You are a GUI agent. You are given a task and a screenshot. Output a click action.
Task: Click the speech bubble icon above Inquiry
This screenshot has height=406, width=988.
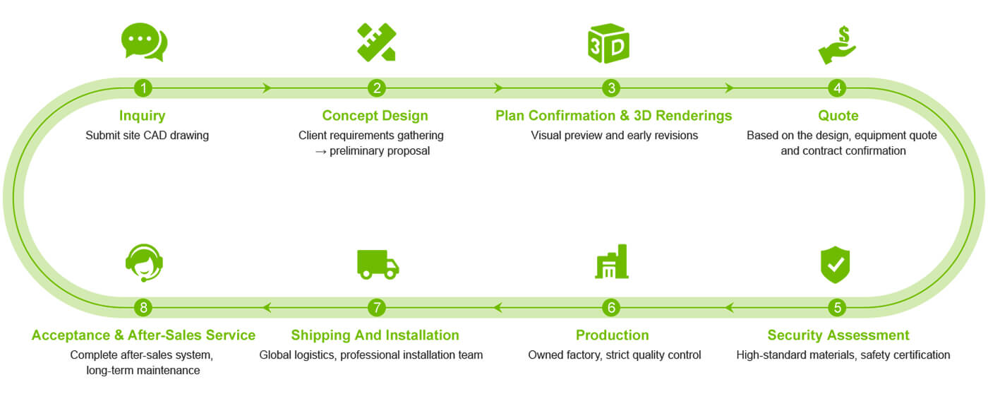point(144,42)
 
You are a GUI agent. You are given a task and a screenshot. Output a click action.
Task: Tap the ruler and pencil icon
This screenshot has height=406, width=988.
point(377,42)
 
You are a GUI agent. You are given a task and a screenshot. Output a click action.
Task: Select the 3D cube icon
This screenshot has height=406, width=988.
point(608,44)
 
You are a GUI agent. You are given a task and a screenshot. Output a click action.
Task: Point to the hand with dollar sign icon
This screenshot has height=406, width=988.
point(838,45)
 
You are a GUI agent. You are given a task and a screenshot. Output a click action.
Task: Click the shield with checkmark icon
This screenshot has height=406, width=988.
point(836,265)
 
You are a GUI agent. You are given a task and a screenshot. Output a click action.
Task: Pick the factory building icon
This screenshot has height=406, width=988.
point(612,262)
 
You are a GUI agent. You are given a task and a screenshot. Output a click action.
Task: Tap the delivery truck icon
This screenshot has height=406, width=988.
point(378,264)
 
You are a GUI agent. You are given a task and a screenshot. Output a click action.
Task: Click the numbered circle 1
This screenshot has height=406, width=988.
point(143,88)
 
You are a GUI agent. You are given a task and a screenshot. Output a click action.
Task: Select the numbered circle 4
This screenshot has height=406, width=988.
point(838,88)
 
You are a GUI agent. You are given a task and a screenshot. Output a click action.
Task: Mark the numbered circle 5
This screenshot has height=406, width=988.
point(838,308)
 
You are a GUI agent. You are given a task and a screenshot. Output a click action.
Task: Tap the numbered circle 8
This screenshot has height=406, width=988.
point(143,308)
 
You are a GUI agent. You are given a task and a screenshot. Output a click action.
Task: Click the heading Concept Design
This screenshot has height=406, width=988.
point(375,116)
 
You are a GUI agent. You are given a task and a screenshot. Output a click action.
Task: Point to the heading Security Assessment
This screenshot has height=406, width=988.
point(838,335)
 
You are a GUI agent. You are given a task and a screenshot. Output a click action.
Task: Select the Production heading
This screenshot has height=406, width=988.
point(612,335)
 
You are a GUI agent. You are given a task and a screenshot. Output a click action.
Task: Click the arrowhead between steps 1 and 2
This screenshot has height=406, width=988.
point(267,88)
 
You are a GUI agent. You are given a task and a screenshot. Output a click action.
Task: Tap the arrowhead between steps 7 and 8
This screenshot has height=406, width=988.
point(267,308)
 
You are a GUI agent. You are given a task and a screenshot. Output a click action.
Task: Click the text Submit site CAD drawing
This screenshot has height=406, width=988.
point(147,136)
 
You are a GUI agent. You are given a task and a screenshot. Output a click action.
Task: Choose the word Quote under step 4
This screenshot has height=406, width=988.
point(838,116)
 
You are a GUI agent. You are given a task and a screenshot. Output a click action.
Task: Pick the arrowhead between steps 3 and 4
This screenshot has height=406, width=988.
point(730,88)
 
